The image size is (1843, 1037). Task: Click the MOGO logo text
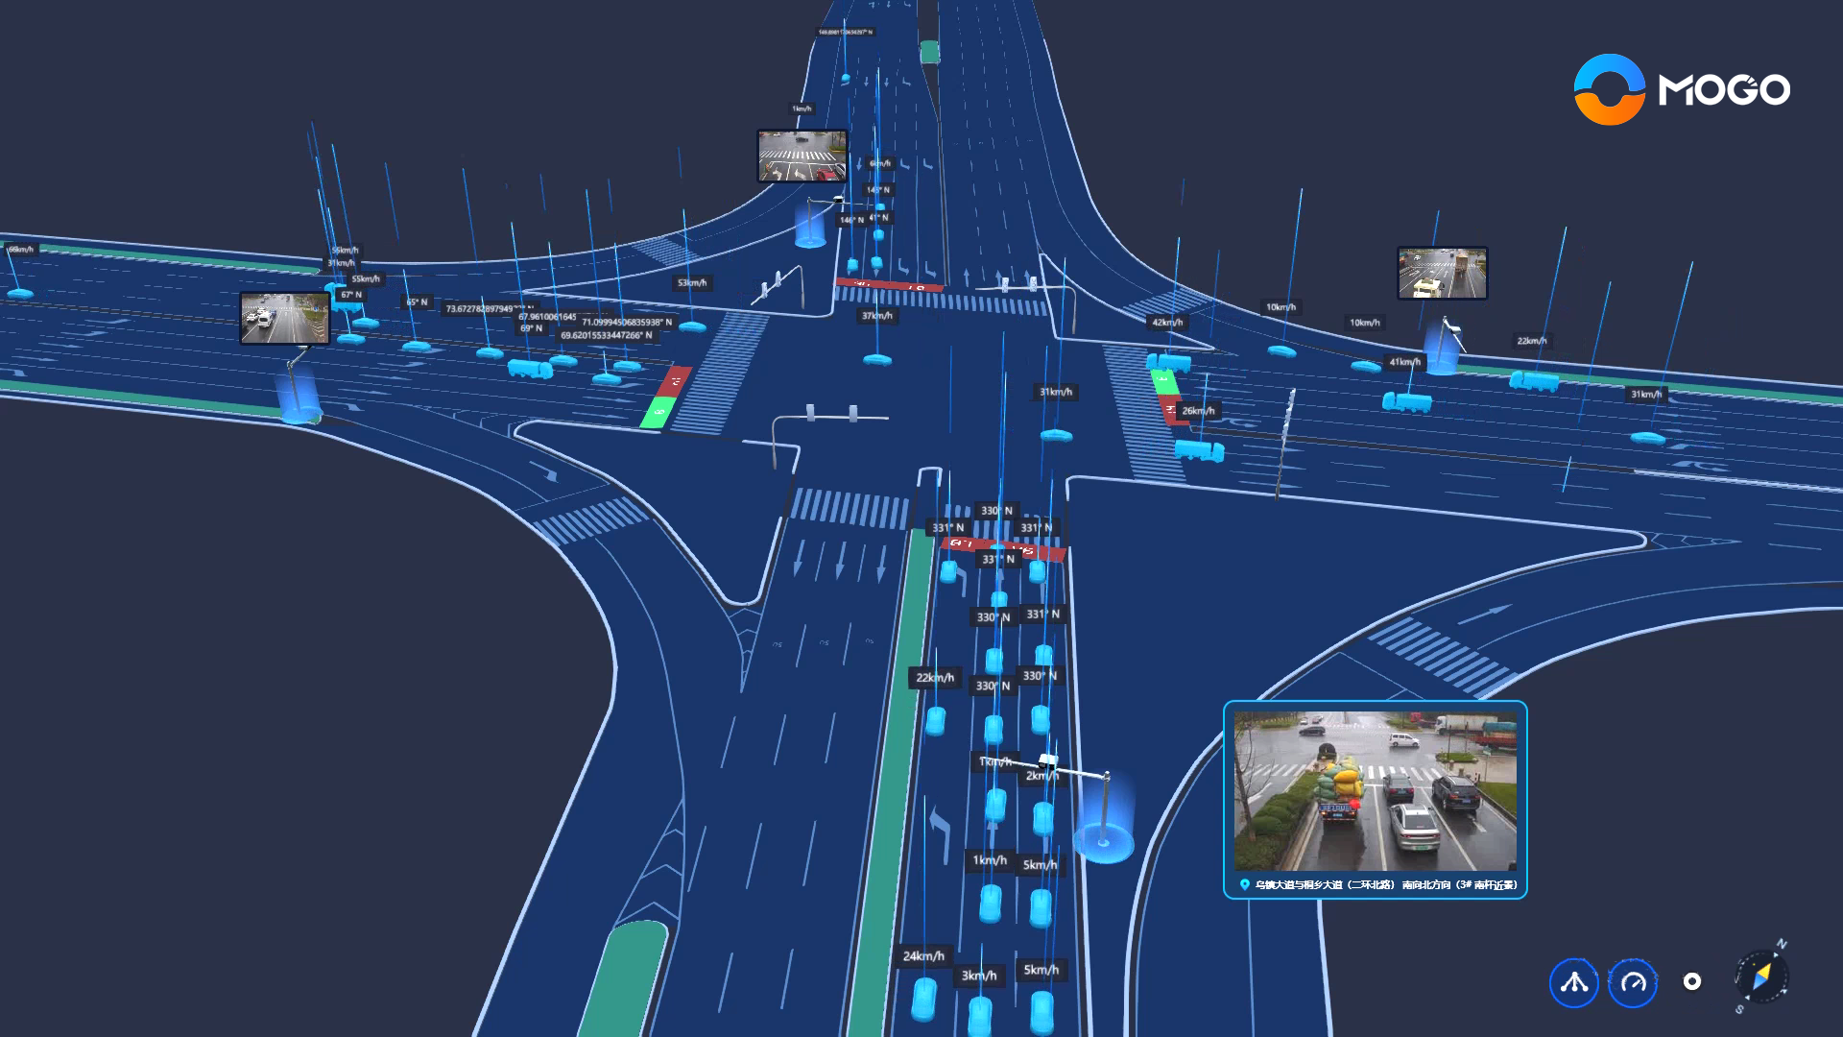tap(1724, 90)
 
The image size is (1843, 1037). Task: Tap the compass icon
tap(1761, 977)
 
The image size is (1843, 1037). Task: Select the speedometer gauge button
tap(1633, 982)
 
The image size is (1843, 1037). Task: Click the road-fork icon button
tap(1573, 982)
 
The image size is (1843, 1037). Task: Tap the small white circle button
tap(1692, 981)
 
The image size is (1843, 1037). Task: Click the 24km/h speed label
tap(923, 955)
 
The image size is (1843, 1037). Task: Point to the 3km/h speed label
tap(979, 976)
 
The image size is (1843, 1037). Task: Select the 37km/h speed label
tap(876, 316)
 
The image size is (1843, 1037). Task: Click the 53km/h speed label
tap(692, 283)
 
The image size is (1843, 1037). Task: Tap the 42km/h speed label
tap(1167, 323)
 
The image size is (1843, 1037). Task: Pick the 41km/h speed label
tap(1404, 362)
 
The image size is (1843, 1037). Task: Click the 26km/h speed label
tap(1198, 411)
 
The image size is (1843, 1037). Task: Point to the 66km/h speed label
tap(20, 250)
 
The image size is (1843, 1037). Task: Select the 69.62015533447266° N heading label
tap(607, 336)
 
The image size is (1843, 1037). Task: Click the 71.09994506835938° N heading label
tap(627, 323)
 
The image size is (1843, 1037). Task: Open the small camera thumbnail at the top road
tap(802, 156)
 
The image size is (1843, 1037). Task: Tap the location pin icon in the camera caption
tap(1245, 885)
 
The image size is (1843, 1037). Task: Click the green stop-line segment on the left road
tap(657, 414)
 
